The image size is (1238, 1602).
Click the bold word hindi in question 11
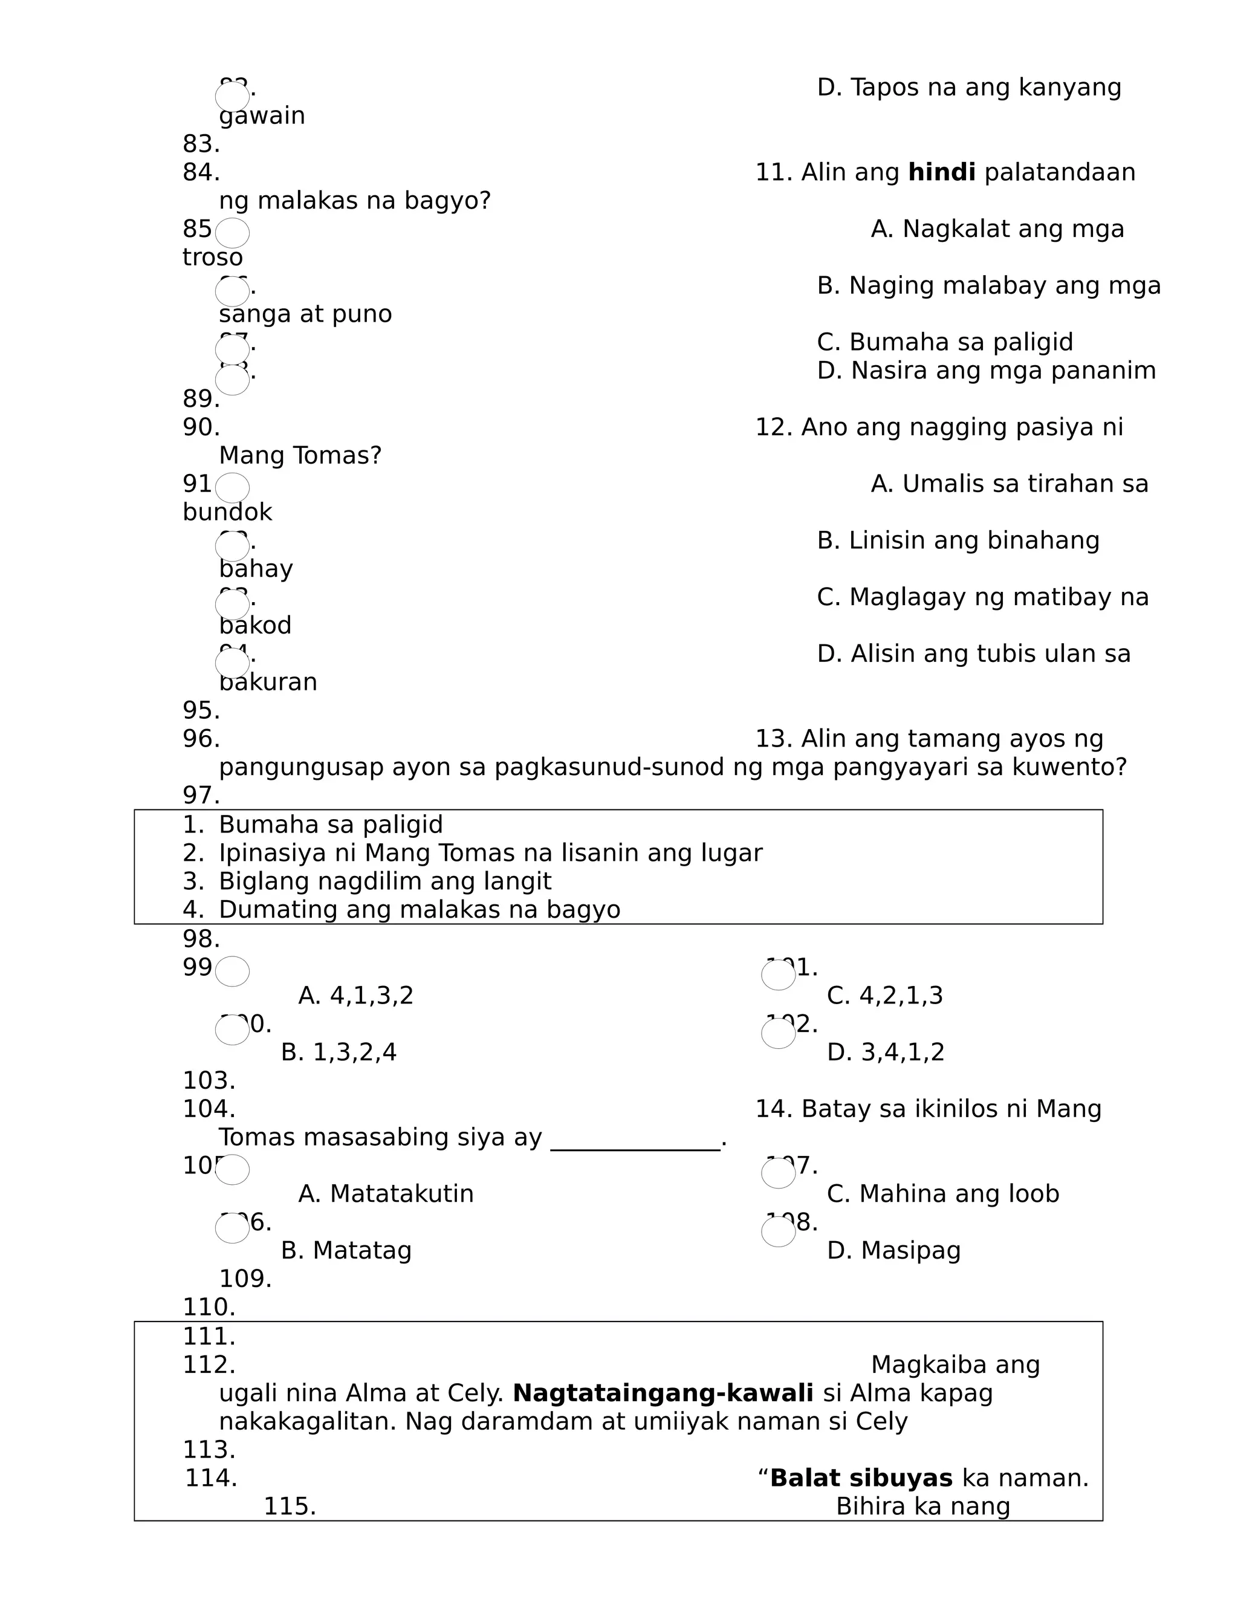click(x=941, y=173)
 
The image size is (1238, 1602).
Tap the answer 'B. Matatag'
click(x=346, y=1251)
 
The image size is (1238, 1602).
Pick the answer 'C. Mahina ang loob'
click(x=942, y=1194)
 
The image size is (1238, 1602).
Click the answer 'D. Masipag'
click(x=893, y=1251)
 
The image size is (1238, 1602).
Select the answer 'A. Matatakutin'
click(x=386, y=1194)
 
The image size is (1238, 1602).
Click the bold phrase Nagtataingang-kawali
click(x=663, y=1393)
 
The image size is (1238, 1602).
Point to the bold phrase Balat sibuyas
click(x=861, y=1478)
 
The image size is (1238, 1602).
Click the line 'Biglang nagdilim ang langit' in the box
click(x=384, y=881)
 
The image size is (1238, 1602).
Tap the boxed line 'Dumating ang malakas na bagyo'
click(x=419, y=910)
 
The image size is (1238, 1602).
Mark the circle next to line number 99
click(x=233, y=971)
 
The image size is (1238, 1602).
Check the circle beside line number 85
click(x=233, y=233)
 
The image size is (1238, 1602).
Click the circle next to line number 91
click(x=233, y=487)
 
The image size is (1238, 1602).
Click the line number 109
click(x=245, y=1279)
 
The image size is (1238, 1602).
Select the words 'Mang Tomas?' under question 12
click(x=300, y=456)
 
